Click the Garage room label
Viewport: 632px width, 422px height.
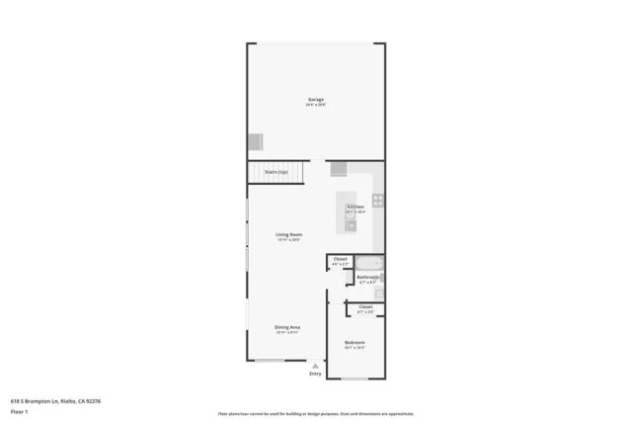click(x=315, y=100)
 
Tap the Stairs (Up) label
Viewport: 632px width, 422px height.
click(x=276, y=172)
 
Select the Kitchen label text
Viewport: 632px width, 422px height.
click(x=355, y=207)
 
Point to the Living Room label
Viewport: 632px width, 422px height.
click(x=288, y=234)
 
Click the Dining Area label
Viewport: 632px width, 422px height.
click(x=287, y=327)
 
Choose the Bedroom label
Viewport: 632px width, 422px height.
click(x=355, y=343)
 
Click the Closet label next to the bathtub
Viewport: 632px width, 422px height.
click(x=340, y=259)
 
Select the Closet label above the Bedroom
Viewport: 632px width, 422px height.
click(x=364, y=307)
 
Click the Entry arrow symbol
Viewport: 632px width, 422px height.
click(x=315, y=365)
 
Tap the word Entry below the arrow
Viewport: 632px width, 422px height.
click(x=315, y=374)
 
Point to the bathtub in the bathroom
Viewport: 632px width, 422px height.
click(x=369, y=263)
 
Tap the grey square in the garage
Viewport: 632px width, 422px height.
click(x=257, y=141)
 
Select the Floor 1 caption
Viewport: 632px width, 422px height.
click(x=19, y=410)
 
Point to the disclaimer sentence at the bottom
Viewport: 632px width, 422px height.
click(x=315, y=413)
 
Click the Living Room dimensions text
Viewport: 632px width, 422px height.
click(x=288, y=239)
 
